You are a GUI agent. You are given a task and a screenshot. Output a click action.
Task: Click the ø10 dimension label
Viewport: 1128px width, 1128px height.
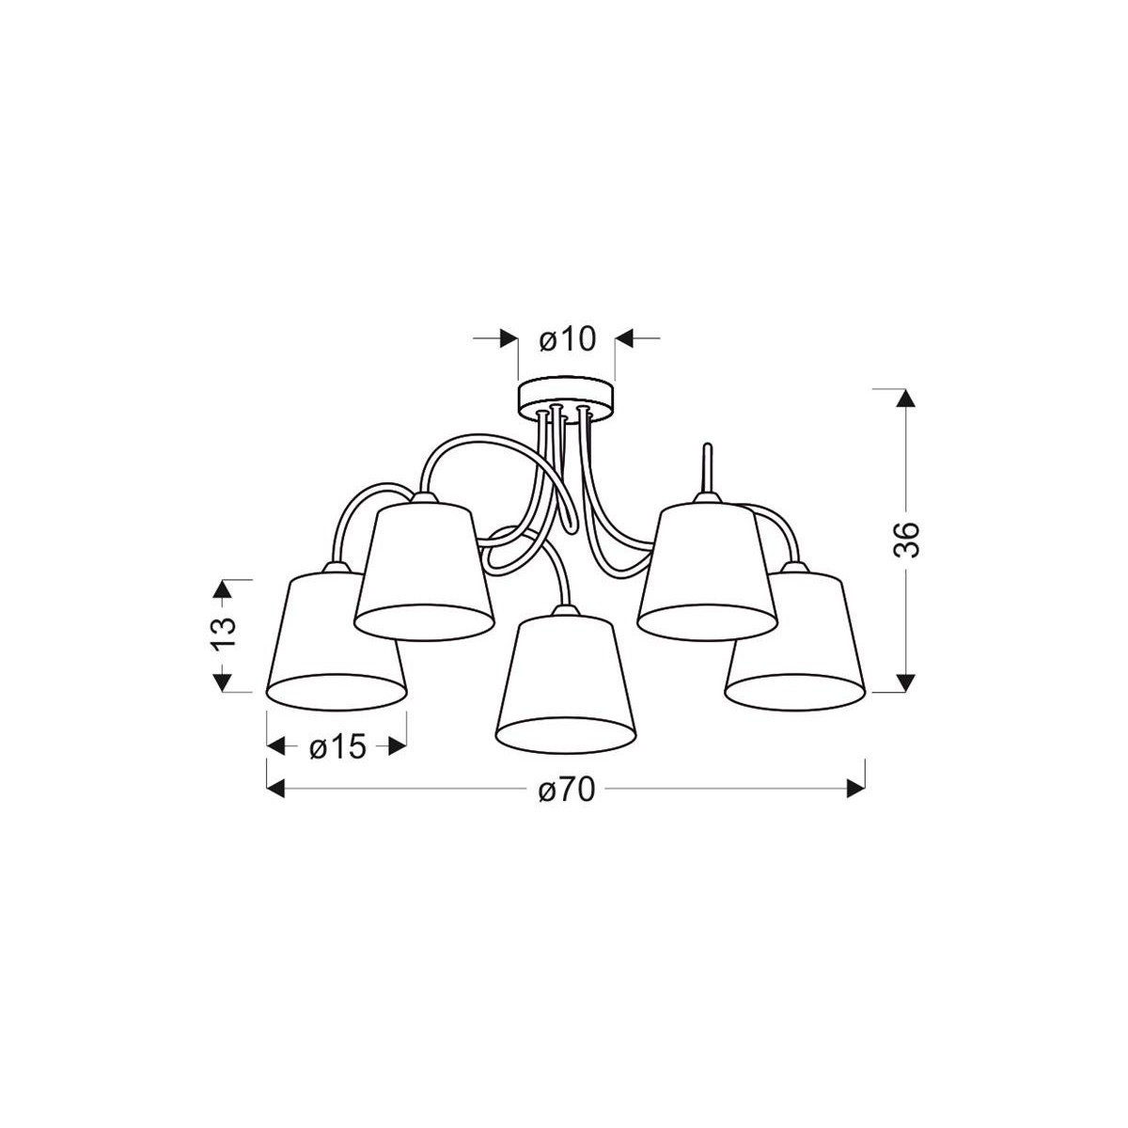click(x=568, y=338)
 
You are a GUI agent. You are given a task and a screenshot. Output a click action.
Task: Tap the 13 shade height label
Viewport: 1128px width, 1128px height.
click(x=222, y=634)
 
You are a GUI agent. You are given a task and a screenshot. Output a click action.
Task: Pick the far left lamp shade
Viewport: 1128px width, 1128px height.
click(x=336, y=639)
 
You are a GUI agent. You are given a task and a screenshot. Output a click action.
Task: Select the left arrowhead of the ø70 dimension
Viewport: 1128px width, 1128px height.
click(x=276, y=790)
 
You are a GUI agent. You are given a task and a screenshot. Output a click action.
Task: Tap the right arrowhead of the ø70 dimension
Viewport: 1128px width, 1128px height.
click(x=855, y=790)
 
